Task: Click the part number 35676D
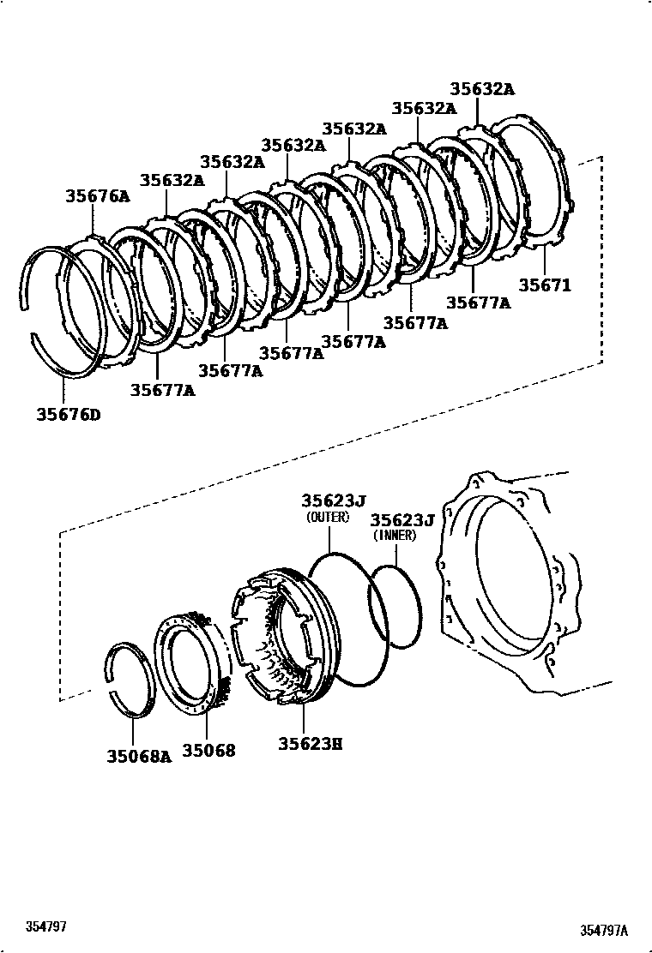[x=69, y=416]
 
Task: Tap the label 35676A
[x=98, y=196]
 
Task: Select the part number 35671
[x=545, y=285]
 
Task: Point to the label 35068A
[x=139, y=756]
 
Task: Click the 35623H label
[x=310, y=744]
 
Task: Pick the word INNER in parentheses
[x=394, y=536]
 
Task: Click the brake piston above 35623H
[x=275, y=634]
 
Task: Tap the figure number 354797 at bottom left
[x=46, y=927]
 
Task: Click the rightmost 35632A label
[x=482, y=88]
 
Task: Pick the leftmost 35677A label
[x=163, y=390]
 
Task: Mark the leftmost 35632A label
[x=172, y=180]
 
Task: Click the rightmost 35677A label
[x=478, y=303]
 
